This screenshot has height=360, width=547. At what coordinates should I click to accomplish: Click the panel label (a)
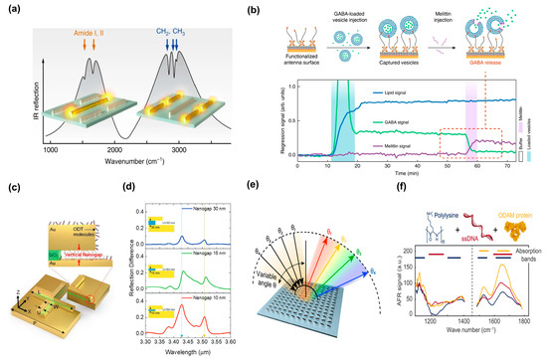[13, 11]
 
